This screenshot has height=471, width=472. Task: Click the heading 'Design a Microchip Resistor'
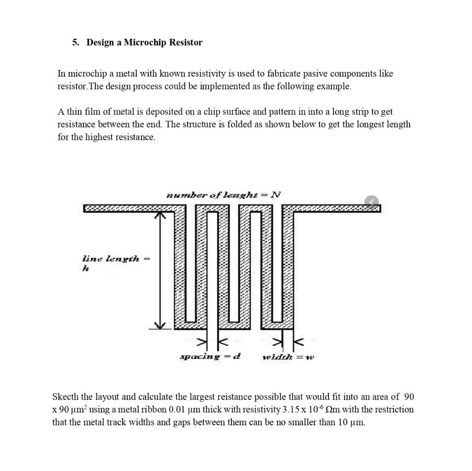(144, 42)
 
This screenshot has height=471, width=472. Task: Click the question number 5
(75, 42)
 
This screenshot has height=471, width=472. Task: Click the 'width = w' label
(288, 357)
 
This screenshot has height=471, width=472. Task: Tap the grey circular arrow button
(372, 202)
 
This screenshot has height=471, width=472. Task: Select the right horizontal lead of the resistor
(336, 209)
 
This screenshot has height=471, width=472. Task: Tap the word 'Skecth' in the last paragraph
(66, 397)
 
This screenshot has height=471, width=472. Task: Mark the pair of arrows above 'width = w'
(288, 342)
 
